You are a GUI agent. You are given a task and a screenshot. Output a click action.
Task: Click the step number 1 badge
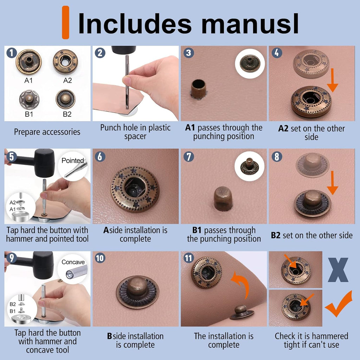coord(12,53)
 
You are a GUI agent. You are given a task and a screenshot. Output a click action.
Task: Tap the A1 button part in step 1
coord(28,62)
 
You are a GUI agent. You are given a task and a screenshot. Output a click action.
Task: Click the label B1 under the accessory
coord(28,114)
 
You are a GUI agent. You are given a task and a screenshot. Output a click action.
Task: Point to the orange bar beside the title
coord(65,22)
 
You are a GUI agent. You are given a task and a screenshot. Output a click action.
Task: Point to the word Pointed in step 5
coord(73,160)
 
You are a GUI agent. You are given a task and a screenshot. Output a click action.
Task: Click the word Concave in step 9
coord(73,262)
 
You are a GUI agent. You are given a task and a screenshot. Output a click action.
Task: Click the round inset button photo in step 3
coord(250,63)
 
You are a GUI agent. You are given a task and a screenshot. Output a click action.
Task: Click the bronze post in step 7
coord(223,199)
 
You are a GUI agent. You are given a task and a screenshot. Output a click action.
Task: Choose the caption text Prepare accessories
coord(47,132)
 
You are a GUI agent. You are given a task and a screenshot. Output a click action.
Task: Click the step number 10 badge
coord(100,258)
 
